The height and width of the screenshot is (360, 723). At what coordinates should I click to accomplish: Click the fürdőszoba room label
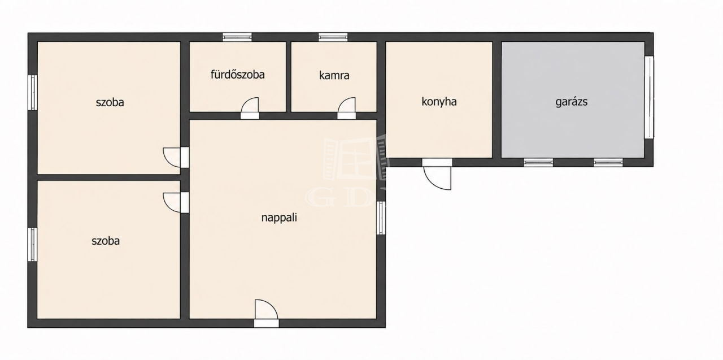coord(238,75)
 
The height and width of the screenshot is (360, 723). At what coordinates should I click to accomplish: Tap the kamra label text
coord(334,75)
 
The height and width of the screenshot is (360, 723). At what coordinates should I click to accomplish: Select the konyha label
coord(439,102)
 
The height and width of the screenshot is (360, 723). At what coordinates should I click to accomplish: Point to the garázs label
coord(571,102)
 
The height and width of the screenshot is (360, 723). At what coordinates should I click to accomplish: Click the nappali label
coord(279,217)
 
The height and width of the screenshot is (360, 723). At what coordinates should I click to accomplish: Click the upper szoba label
coord(110,102)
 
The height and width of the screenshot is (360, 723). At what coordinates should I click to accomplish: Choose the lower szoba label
coord(106,241)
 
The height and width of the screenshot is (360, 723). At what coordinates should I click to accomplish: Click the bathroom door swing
coord(250,108)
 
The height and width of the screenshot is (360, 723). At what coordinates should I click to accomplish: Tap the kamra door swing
coord(346,108)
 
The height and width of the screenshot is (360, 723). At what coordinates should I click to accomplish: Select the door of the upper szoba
coord(176,157)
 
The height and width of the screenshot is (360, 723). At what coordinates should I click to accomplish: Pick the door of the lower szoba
coord(176,202)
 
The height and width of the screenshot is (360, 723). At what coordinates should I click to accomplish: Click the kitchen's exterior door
coord(437,174)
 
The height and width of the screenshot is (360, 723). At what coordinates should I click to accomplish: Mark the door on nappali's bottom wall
coord(266,314)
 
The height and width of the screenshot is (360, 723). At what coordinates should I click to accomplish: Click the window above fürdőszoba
coord(237,37)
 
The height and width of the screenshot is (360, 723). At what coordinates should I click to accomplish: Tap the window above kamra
coord(333,37)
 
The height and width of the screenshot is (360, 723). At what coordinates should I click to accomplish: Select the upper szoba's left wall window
coord(32,92)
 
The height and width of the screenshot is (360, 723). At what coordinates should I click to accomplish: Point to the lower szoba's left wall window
coord(32,244)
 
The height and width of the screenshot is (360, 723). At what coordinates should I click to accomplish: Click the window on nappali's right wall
coord(381,218)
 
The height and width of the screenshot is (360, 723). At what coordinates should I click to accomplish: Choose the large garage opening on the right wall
coord(649,97)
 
